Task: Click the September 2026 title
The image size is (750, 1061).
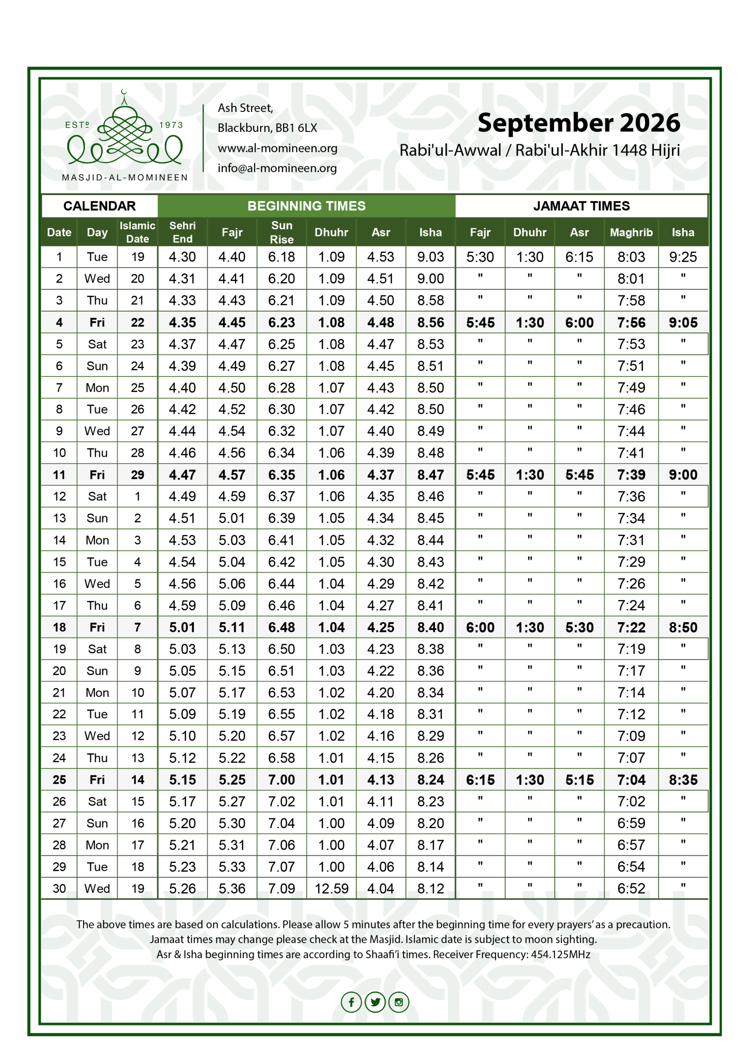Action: [578, 123]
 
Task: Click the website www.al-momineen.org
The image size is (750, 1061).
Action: [277, 148]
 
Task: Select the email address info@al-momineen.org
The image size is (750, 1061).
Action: [277, 168]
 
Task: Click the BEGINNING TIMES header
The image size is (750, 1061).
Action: [306, 206]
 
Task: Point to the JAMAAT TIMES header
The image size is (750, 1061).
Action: [581, 206]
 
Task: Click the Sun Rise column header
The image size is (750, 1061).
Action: [281, 232]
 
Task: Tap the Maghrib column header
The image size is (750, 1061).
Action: [631, 232]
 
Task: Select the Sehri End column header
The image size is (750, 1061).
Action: [183, 232]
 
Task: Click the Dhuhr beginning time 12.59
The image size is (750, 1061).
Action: [331, 888]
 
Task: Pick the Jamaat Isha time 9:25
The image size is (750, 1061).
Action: [682, 257]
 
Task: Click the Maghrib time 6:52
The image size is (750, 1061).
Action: [631, 888]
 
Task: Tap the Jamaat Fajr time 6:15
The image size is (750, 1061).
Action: [480, 780]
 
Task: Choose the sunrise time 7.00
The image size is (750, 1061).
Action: [281, 780]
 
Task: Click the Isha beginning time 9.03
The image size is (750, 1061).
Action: [430, 257]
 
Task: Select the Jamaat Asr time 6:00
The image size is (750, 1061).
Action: [579, 322]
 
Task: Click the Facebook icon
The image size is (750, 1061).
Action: [351, 1002]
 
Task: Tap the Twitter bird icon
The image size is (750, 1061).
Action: [375, 1002]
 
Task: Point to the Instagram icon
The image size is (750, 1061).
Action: [399, 1002]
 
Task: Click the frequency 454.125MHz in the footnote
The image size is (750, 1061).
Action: [560, 954]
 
